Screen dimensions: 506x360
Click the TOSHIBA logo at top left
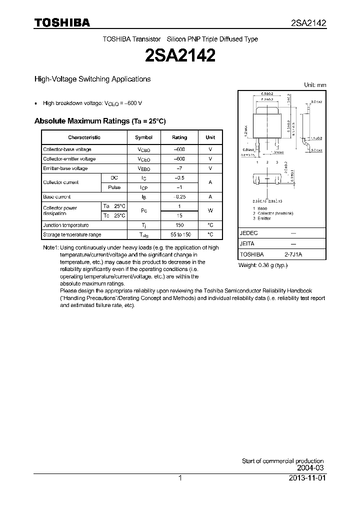62,22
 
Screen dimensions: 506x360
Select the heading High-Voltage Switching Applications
92,79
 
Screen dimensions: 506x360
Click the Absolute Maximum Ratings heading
99,121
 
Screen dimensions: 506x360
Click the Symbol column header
144,137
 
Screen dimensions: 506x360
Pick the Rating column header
179,137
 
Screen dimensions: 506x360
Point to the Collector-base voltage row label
67,149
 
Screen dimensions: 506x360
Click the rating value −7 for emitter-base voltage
179,168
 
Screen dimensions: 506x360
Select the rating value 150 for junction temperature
179,225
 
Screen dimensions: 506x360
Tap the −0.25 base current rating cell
179,197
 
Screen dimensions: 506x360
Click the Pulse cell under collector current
114,187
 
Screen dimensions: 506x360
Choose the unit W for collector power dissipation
210,211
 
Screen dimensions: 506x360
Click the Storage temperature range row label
72,234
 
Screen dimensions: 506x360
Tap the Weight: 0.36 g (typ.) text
263,265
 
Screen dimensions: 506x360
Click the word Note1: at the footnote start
51,247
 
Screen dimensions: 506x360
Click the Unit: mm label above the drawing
315,85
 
